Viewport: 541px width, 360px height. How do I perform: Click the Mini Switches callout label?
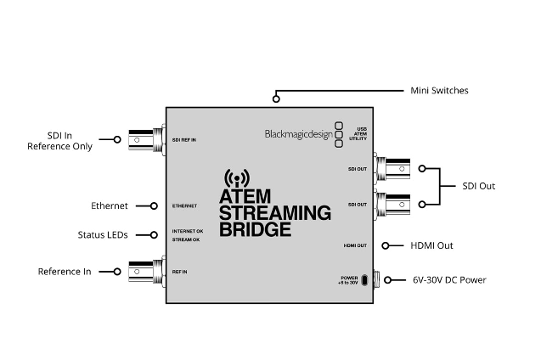(439, 90)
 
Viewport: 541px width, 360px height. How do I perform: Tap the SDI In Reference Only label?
(59, 141)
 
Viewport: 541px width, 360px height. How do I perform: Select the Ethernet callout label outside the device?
(110, 205)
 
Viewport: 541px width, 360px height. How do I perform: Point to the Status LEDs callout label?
(103, 235)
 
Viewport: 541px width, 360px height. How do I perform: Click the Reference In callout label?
(65, 272)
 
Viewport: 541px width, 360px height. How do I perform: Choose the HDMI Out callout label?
(431, 245)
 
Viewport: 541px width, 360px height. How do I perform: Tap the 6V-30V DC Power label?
(449, 279)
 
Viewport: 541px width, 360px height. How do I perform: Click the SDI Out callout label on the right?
(478, 186)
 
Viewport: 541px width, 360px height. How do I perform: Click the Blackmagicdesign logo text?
(299, 134)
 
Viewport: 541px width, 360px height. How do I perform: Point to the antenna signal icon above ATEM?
(237, 178)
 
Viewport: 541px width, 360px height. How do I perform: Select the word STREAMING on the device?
(275, 213)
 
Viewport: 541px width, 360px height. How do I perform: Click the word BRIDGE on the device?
(255, 229)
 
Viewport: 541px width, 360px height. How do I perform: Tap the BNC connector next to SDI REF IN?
(147, 140)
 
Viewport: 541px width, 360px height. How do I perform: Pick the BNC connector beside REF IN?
(147, 272)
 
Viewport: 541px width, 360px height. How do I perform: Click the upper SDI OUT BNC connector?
(392, 169)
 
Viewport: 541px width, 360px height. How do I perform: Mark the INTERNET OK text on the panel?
(188, 231)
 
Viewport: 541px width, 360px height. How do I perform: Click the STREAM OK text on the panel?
(186, 239)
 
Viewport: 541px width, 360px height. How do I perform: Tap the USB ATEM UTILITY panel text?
(358, 134)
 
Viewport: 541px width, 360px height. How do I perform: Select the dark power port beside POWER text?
(364, 280)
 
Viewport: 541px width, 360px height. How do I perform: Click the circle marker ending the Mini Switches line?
(276, 99)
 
